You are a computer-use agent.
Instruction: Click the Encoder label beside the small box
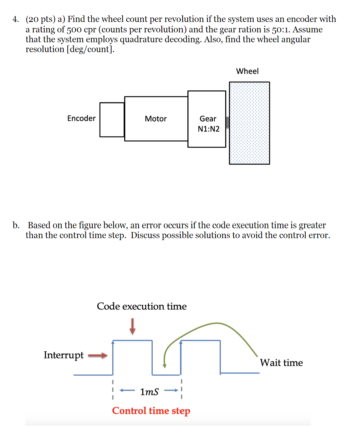tap(81, 118)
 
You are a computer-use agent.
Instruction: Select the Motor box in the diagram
tap(156, 119)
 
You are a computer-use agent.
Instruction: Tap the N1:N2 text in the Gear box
tap(208, 129)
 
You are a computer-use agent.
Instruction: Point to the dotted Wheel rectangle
tap(249, 123)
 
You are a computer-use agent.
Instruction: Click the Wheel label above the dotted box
tap(247, 71)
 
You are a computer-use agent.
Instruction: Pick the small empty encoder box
tap(112, 120)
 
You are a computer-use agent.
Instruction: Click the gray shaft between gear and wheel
tap(228, 122)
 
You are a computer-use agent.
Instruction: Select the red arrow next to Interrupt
tap(98, 355)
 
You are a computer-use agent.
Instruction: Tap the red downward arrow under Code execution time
tap(132, 326)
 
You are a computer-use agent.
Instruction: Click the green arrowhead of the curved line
tap(164, 366)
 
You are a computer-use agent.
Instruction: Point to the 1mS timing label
tap(149, 392)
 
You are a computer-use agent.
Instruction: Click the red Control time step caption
tap(151, 411)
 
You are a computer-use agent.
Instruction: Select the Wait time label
tap(281, 363)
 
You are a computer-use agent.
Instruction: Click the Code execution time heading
tap(142, 306)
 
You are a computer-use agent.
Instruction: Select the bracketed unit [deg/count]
tap(91, 49)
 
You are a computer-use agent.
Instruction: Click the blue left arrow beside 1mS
tap(127, 390)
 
